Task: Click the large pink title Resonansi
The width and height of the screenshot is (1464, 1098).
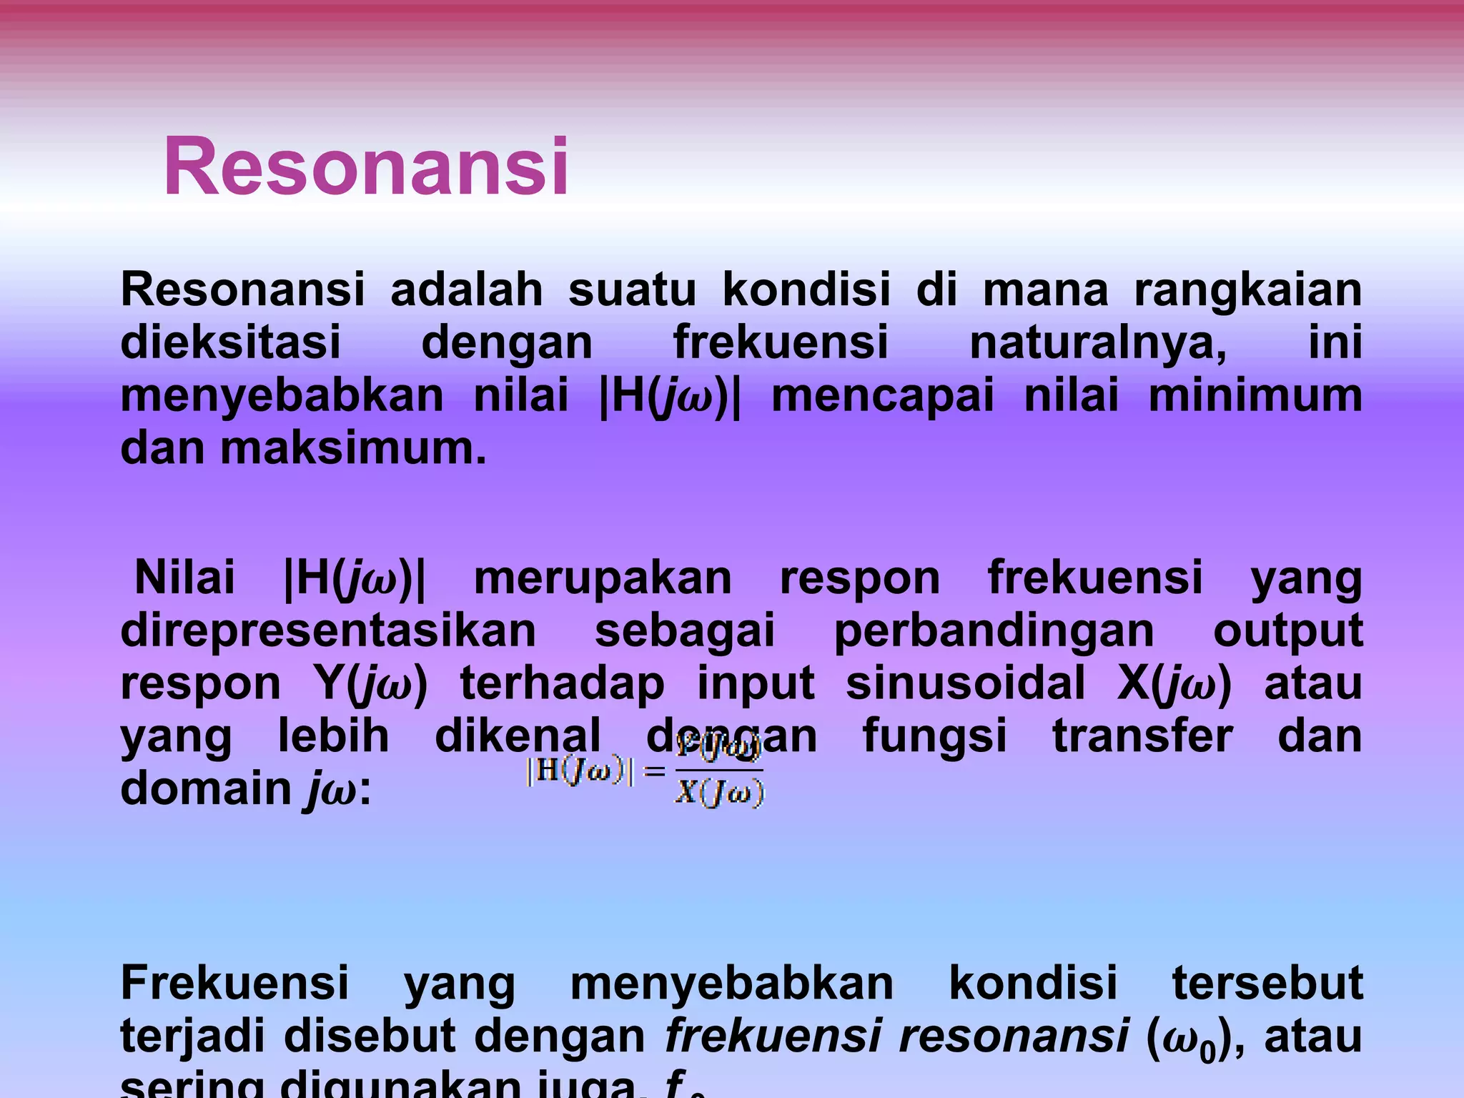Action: [x=366, y=167]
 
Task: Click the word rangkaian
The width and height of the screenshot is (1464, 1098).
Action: [x=1247, y=290]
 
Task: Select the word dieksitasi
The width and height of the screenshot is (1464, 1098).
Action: [x=230, y=342]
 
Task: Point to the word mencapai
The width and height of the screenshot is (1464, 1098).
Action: [x=883, y=395]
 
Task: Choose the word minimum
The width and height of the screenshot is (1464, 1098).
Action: [x=1255, y=395]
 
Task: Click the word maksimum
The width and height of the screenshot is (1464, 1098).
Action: [x=353, y=448]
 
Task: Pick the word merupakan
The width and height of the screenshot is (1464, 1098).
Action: [x=603, y=578]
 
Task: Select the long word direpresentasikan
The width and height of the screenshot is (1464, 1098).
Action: [x=328, y=630]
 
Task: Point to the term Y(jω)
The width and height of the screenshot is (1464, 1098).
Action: [x=370, y=683]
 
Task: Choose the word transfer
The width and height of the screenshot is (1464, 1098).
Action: [x=1142, y=736]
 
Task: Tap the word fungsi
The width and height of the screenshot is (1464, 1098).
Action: [x=934, y=737]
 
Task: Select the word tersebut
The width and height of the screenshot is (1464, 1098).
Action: [x=1267, y=983]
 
